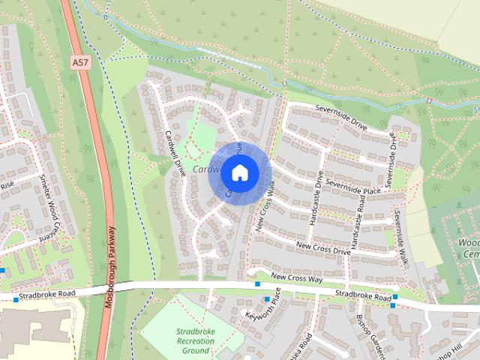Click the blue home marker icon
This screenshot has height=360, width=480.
(239, 172)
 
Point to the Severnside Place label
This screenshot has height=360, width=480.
(353, 186)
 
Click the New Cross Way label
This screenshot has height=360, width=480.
(296, 277)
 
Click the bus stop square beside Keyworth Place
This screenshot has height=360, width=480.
(266, 299)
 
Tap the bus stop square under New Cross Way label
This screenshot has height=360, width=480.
(257, 283)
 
